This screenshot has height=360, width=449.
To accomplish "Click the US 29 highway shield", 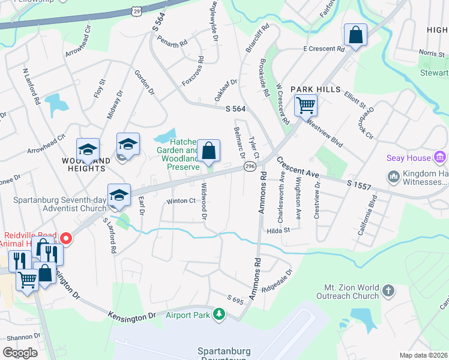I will (x=138, y=11).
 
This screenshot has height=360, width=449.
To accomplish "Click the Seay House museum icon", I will (x=441, y=158).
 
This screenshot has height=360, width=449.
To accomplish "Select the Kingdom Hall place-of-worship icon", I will (x=394, y=176).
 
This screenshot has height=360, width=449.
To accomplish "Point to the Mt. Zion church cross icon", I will (x=388, y=291).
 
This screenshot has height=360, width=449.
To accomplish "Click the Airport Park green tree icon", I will (x=220, y=314).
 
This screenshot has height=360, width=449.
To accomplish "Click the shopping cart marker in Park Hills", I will (x=306, y=106).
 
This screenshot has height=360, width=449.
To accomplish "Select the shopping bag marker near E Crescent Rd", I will (x=355, y=35).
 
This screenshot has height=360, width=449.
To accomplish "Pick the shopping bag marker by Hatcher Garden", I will (x=208, y=152).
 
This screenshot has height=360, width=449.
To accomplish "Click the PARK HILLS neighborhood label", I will (x=312, y=89).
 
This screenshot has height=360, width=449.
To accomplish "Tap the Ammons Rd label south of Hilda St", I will (x=257, y=282).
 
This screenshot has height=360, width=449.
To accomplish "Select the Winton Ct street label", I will (x=181, y=201).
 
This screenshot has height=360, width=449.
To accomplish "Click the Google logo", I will (x=20, y=353).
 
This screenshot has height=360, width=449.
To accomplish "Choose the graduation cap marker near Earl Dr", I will (x=119, y=195).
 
